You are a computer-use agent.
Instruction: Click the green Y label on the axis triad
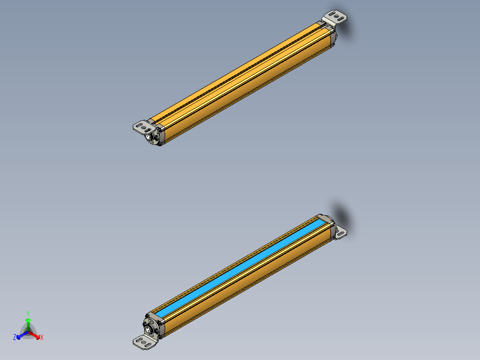[x=28, y=313]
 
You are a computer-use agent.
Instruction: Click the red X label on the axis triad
[x=41, y=337]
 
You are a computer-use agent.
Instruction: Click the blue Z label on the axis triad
[x=15, y=337]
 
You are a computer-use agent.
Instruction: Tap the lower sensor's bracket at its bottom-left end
[x=144, y=342]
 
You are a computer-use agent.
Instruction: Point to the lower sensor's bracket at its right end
[x=340, y=233]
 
